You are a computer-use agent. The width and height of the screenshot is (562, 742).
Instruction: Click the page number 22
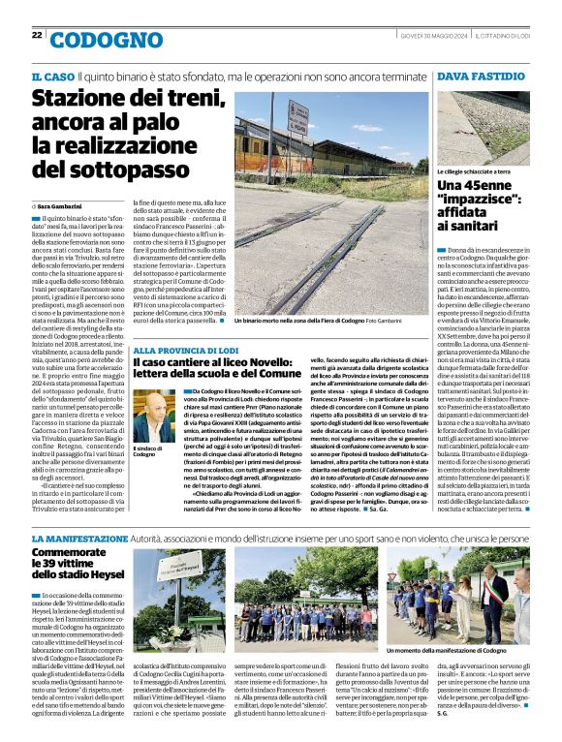(37, 35)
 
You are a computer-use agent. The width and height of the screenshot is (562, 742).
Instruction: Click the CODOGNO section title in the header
(107, 40)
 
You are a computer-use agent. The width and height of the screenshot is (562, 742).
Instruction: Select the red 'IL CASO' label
(52, 77)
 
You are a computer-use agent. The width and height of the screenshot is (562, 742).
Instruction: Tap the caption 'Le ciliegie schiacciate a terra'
(473, 171)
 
